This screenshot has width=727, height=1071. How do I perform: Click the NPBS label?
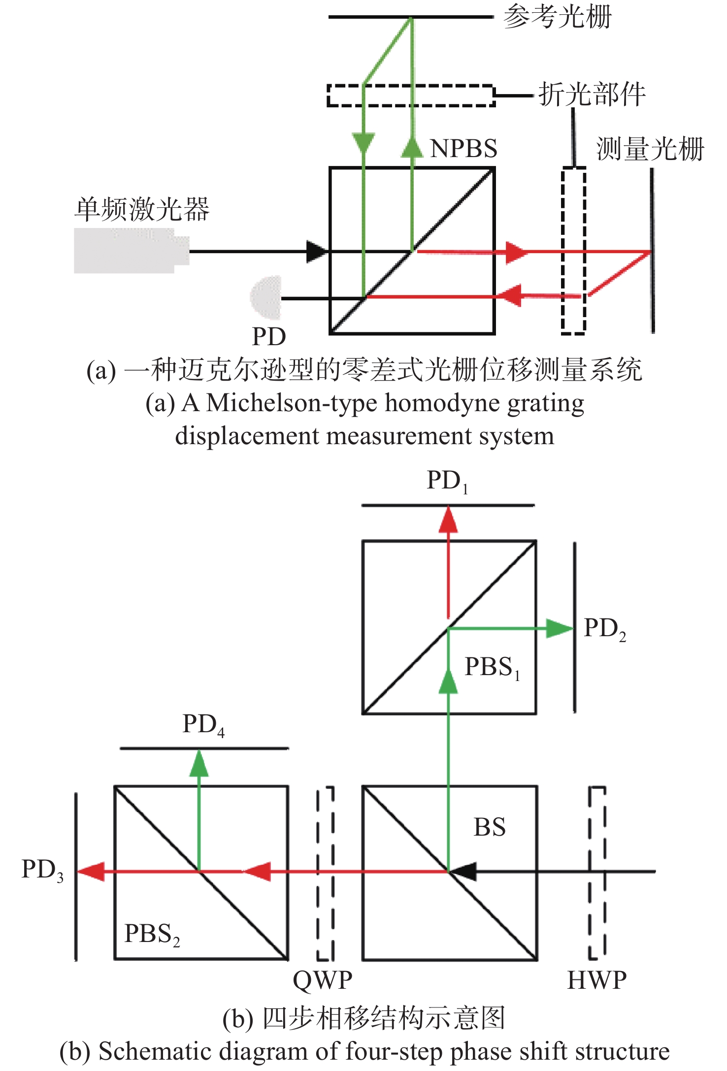coord(463,148)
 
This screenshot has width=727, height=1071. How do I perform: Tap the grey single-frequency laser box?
coord(132,250)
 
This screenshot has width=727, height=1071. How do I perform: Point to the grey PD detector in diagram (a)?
coord(266,297)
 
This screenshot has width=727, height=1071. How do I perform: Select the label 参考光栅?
coord(558,17)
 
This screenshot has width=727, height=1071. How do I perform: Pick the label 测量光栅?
coord(650,149)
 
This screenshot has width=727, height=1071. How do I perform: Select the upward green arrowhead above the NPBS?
coord(412,147)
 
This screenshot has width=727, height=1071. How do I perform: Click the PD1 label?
coord(447,481)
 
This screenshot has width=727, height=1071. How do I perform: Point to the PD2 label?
coord(605,629)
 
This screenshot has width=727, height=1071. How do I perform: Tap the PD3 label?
coord(43,870)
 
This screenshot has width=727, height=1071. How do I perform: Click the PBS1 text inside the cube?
coord(493,668)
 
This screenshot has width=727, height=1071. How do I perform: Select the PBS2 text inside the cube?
coord(152,934)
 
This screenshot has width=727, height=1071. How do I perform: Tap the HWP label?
coord(597,980)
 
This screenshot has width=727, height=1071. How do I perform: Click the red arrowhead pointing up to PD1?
coord(448,520)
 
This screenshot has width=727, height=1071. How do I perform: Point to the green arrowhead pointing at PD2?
coord(560,629)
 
